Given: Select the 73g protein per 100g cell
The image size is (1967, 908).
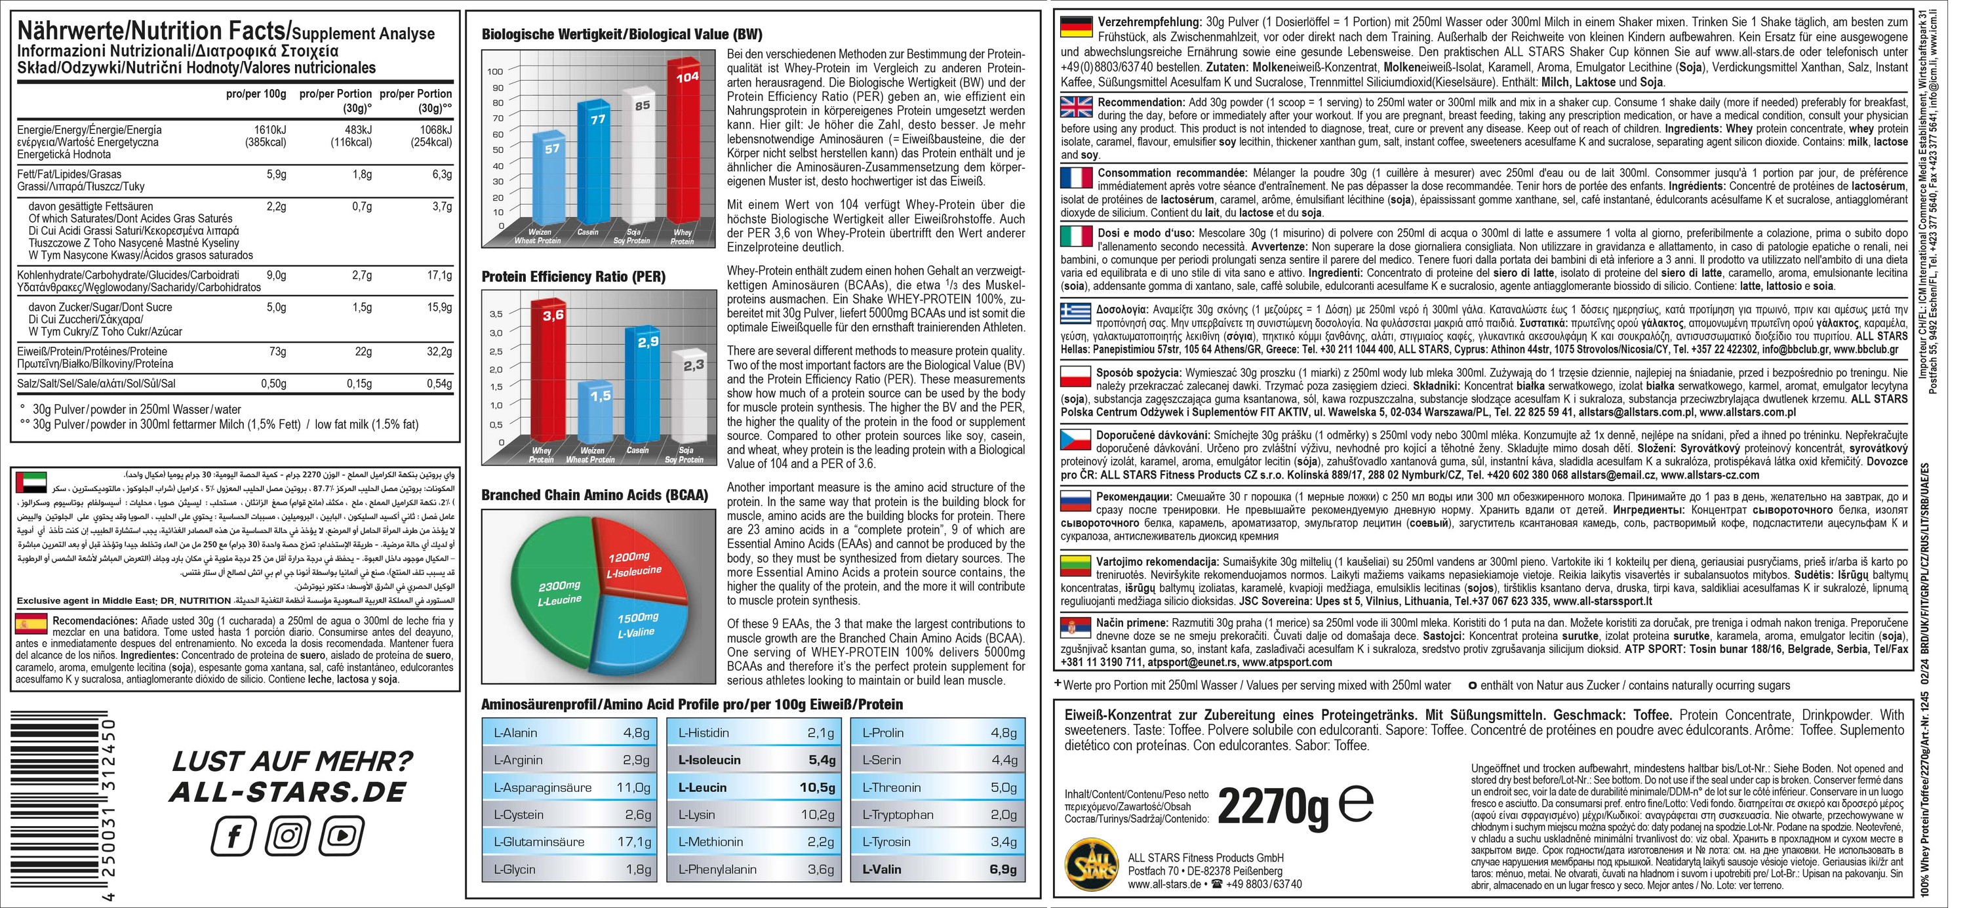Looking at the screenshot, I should pyautogui.click(x=277, y=351).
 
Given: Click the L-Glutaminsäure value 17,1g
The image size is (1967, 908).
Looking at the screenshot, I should pyautogui.click(x=634, y=842).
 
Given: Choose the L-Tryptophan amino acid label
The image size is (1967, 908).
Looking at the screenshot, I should pyautogui.click(x=897, y=814).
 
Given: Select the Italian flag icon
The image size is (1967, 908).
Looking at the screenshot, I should pyautogui.click(x=1077, y=237).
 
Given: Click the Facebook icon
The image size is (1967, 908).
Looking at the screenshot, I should pyautogui.click(x=232, y=837).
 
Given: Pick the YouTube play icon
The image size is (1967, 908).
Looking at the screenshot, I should pyautogui.click(x=342, y=837).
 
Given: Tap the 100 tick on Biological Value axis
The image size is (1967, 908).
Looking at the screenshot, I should pyautogui.click(x=495, y=71).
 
